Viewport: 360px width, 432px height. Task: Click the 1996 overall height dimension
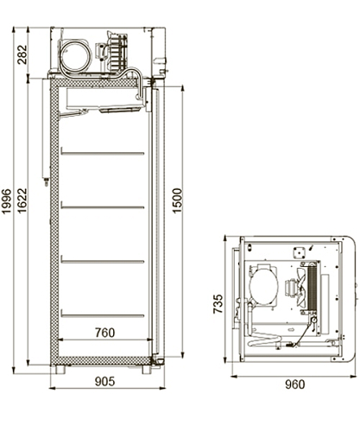coord(6,201)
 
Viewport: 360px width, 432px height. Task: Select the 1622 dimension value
coord(22,200)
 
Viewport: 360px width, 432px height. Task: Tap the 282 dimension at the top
coord(22,54)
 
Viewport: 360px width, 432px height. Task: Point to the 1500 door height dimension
coord(177,200)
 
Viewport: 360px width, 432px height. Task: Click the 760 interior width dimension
coord(105,333)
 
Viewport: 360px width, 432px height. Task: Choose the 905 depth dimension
coord(105,382)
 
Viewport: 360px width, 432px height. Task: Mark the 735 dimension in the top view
coord(218,303)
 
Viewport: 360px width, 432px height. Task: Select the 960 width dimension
coord(295,384)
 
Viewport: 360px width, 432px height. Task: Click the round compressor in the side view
coord(76,55)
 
